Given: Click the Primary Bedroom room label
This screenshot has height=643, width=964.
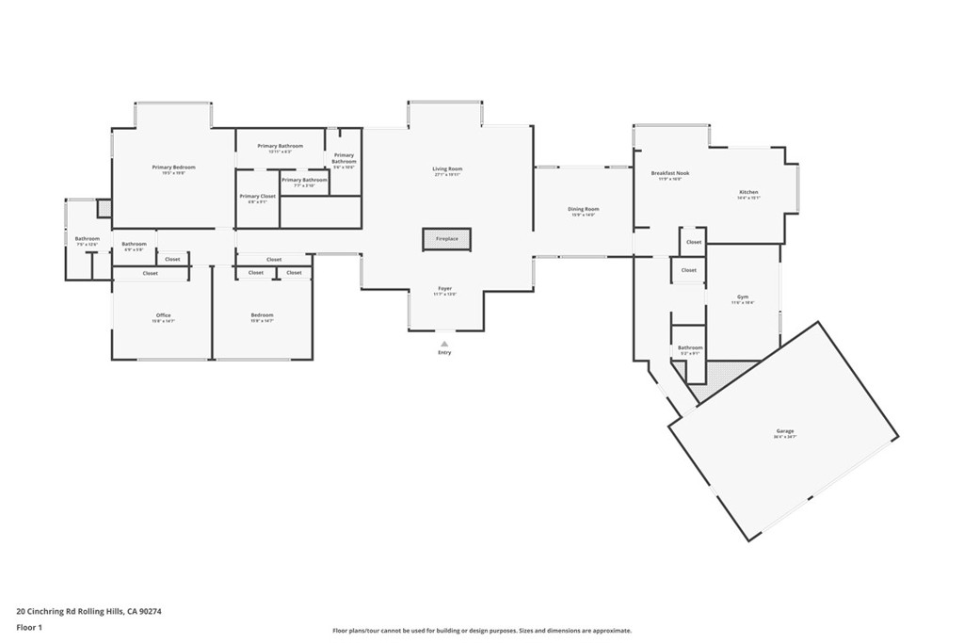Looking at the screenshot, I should click(x=173, y=168).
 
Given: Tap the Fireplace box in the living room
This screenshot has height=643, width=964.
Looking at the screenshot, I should click(x=446, y=239).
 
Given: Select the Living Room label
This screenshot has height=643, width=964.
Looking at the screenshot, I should click(x=447, y=169).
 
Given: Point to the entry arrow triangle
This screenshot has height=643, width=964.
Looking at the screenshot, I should click(x=444, y=344).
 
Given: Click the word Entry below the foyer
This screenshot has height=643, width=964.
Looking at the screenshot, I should click(x=444, y=353).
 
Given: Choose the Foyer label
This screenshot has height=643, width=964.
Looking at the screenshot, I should click(x=444, y=289).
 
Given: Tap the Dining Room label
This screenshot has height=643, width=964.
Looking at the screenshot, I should click(x=584, y=210).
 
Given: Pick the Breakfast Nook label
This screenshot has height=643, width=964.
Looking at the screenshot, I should click(x=670, y=174).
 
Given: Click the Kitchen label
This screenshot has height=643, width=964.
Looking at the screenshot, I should click(x=747, y=193).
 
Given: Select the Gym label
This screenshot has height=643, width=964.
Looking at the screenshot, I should click(x=742, y=297).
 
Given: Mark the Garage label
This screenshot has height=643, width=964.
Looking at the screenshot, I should click(x=785, y=433).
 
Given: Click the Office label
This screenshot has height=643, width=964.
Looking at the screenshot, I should click(x=163, y=315).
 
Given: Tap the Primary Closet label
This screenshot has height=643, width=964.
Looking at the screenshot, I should click(x=257, y=197).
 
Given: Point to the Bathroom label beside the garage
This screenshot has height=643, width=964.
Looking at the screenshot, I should click(x=690, y=348).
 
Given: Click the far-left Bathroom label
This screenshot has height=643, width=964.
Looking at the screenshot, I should click(x=87, y=239).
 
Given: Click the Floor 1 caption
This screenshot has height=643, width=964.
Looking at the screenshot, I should click(x=30, y=626).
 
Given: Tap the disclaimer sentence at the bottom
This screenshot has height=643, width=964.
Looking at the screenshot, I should click(x=481, y=631).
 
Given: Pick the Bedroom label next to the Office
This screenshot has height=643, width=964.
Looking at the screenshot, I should click(x=262, y=315).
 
